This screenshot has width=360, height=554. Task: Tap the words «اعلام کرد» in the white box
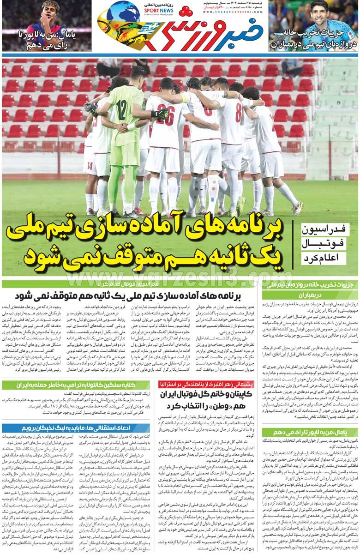tap(323, 257)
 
